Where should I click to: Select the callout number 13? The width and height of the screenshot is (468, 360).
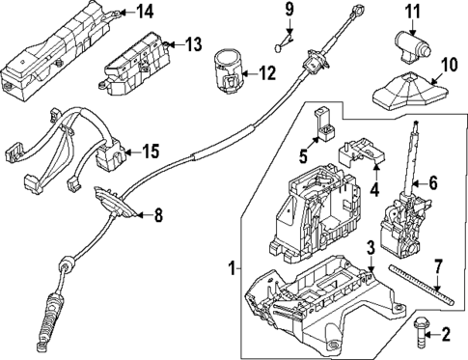pos(194,43)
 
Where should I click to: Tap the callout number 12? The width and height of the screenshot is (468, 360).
pos(266,71)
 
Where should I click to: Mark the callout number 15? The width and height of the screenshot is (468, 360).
pos(150,151)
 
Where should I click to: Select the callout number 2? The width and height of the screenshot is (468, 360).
pos(445,336)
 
